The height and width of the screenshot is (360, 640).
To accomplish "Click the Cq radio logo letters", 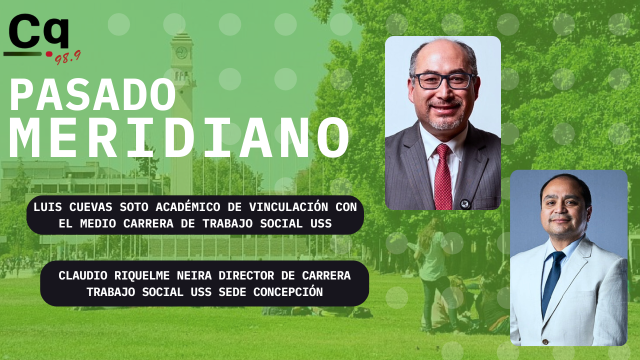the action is point(39,31).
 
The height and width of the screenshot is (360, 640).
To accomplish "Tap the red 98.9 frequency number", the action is point(67,58).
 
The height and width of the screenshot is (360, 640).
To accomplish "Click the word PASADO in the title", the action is point(92,94).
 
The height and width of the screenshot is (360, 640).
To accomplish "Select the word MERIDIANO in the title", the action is point(179,138).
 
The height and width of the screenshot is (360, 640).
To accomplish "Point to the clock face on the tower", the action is point(181,52).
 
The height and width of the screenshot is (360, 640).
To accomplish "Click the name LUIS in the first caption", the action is point(47,207).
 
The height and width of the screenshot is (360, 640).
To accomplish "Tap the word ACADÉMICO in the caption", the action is point(187,207).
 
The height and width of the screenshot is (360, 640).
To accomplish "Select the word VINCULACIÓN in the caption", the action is point(288,207).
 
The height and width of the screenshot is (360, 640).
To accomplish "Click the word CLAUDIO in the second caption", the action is point(83,275).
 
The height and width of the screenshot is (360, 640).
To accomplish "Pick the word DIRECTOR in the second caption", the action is point(246,275).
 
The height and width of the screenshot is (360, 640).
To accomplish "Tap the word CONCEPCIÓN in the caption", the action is point(288,292).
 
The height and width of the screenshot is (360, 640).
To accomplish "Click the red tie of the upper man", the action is point(443,177).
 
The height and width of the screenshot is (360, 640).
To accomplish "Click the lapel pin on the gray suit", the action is point(464,203).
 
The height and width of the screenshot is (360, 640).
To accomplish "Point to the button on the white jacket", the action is point(545,341).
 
